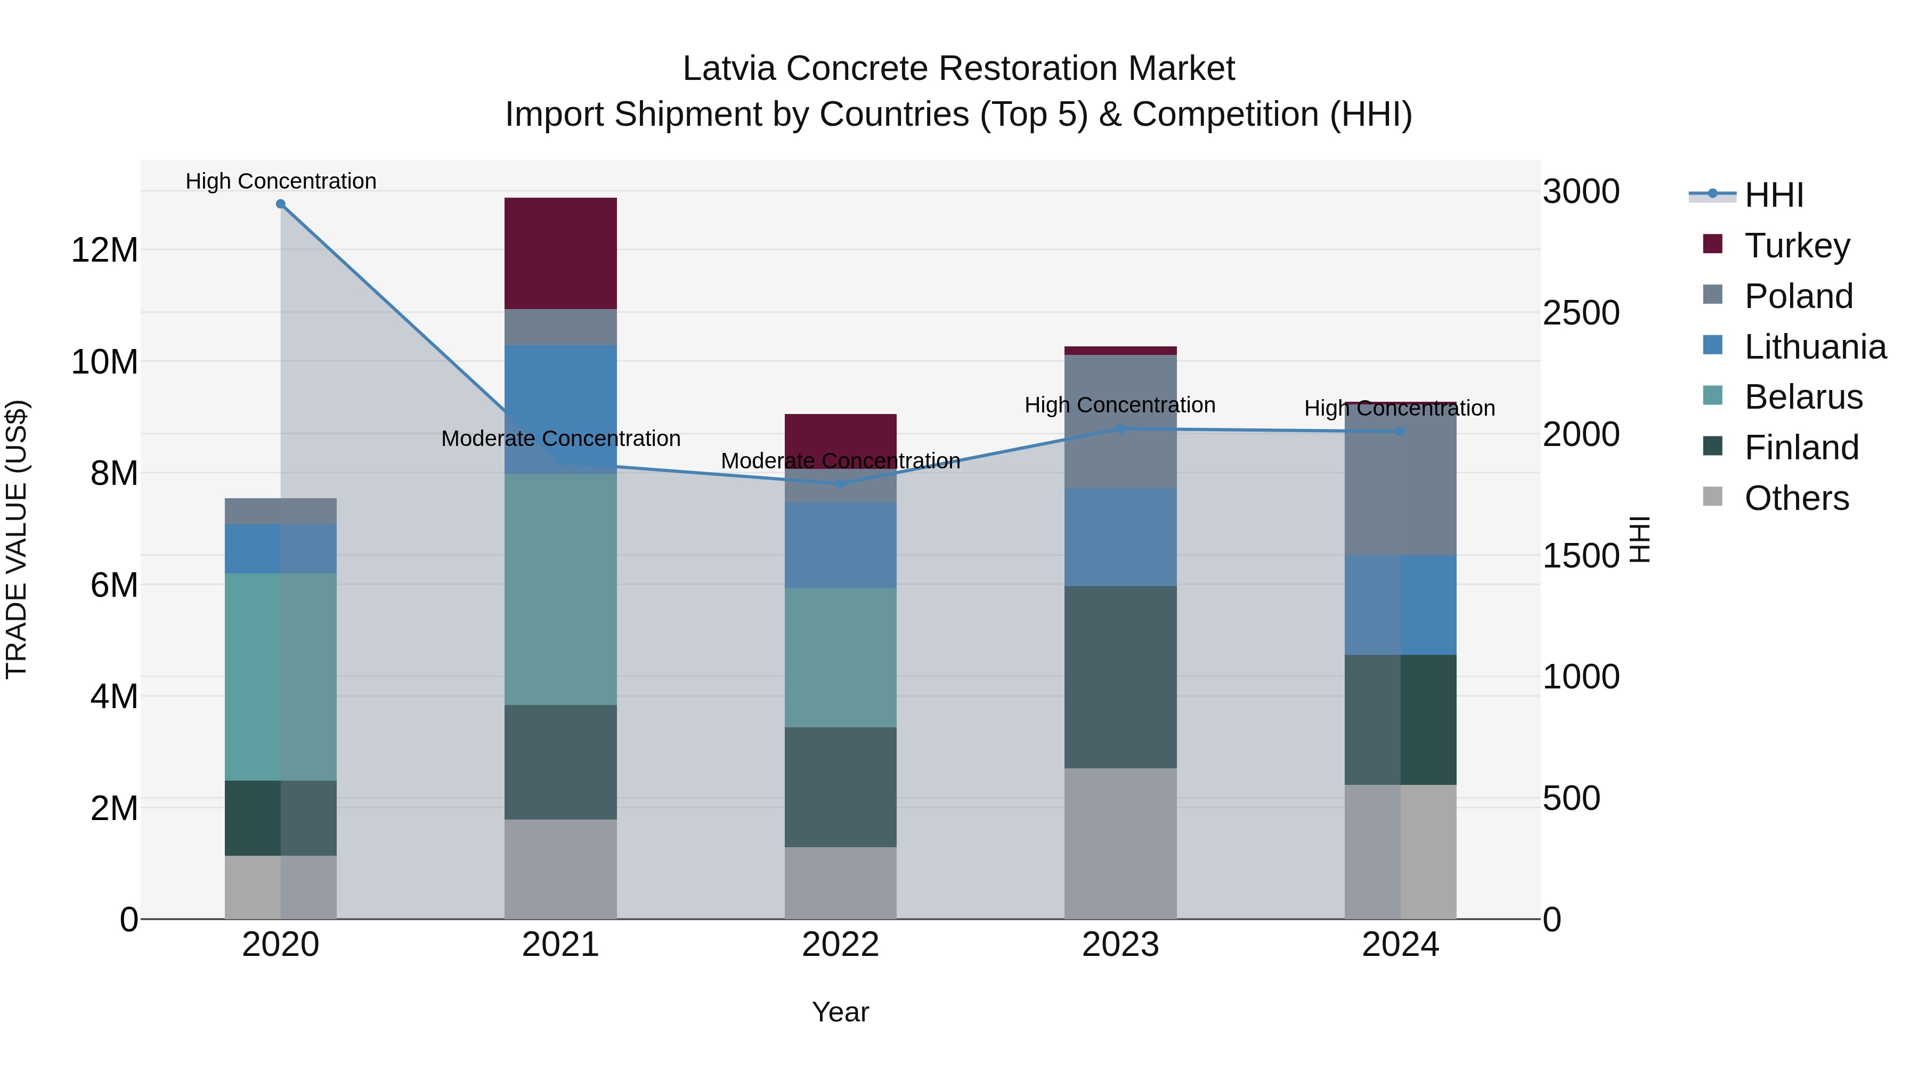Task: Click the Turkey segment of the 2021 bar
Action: [x=560, y=253]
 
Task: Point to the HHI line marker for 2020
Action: [x=281, y=204]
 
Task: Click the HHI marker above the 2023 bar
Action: [x=1120, y=429]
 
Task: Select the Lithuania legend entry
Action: [x=1815, y=347]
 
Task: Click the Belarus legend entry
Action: [x=1802, y=397]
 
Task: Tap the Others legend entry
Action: [x=1796, y=498]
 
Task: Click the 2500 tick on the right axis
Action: [x=1580, y=313]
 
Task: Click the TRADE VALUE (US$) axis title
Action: [x=17, y=539]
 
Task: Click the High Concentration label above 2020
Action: [x=281, y=181]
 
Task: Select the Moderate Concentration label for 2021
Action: [x=560, y=439]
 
